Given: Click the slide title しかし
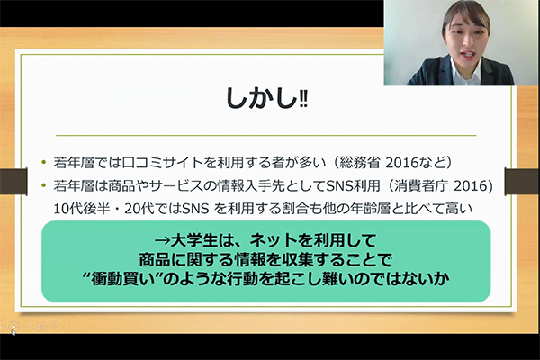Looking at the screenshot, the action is tap(261, 99).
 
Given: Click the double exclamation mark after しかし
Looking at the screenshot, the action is tap(303, 101).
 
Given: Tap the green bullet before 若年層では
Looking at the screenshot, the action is tap(43, 162).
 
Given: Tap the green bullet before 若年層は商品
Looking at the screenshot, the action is tap(43, 185).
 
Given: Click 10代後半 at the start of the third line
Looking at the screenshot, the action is tap(81, 209).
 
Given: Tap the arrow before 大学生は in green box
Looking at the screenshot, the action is tap(163, 240).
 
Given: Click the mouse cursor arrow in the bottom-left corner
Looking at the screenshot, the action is tap(13, 332).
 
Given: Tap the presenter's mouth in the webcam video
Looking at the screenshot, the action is tap(468, 55).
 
